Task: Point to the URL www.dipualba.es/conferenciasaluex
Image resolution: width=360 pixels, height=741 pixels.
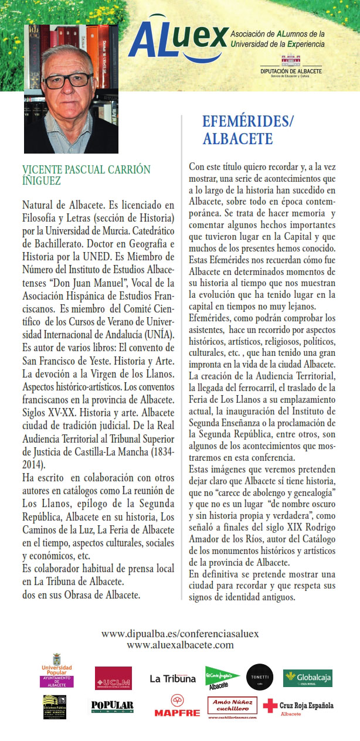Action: click(x=180, y=634)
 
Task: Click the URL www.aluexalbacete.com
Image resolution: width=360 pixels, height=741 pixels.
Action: click(x=180, y=645)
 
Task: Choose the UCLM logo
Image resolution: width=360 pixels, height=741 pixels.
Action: click(x=113, y=678)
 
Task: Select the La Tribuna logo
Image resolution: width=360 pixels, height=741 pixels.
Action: click(x=172, y=679)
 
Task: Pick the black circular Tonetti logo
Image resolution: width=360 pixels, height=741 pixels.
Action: click(x=259, y=677)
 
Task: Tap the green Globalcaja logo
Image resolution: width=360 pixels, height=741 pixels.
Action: click(x=307, y=678)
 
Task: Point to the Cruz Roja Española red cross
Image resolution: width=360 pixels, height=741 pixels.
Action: click(x=270, y=706)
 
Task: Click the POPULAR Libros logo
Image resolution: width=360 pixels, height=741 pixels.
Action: click(x=112, y=707)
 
